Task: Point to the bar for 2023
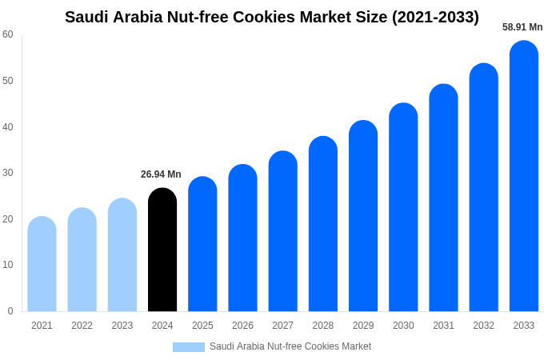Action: tap(122, 255)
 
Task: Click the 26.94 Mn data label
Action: tap(161, 174)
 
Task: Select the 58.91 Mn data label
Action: tap(522, 27)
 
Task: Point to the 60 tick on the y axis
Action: tap(8, 34)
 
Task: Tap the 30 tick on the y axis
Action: tap(8, 173)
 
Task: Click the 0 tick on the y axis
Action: tap(10, 311)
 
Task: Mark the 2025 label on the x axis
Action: tap(202, 326)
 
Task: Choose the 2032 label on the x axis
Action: tap(483, 326)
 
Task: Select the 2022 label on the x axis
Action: tap(82, 326)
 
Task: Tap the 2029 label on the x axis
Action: tap(363, 326)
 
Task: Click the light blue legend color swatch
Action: tap(189, 347)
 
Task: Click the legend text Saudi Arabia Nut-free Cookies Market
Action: tap(290, 346)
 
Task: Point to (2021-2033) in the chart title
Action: tap(435, 17)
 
